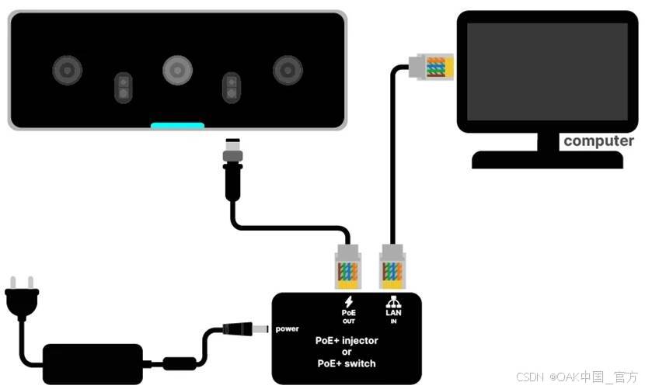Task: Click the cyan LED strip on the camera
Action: click(177, 125)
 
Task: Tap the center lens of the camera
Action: click(177, 71)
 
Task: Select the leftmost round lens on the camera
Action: click(68, 71)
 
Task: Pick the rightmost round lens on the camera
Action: click(288, 71)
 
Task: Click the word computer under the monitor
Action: click(598, 141)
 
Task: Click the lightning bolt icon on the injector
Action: click(348, 301)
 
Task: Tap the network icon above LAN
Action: click(393, 301)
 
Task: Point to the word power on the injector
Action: click(286, 329)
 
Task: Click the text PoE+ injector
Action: click(347, 340)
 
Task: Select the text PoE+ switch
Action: click(347, 363)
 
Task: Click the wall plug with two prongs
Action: click(21, 298)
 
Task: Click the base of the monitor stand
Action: click(547, 160)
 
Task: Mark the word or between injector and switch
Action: click(347, 352)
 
